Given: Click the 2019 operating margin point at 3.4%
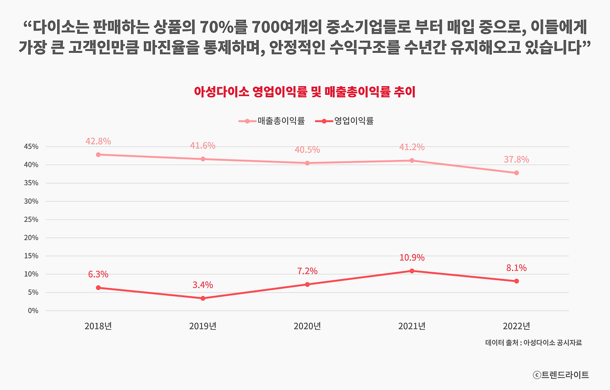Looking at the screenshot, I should tap(203, 298).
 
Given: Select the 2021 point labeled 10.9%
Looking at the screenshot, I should tap(412, 271).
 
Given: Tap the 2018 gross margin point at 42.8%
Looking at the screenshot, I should tap(98, 155).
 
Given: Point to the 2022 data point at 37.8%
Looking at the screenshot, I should tap(516, 173).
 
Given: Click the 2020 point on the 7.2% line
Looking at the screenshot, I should tap(307, 284).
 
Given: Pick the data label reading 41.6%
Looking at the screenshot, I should tap(203, 146).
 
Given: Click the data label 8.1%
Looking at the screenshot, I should tap(516, 268).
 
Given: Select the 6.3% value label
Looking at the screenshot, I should tap(98, 274).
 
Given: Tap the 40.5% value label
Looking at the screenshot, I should tap(307, 150).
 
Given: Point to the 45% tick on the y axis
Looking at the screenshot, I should tap(30, 147).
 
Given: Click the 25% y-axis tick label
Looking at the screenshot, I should tap(30, 220).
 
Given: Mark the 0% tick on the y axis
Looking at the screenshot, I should tap(33, 310).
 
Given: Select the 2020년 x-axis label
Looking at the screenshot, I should tap(307, 326).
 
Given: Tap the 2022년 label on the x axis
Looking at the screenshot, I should tap(516, 326).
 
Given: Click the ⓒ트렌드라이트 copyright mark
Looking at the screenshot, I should tap(561, 375).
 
